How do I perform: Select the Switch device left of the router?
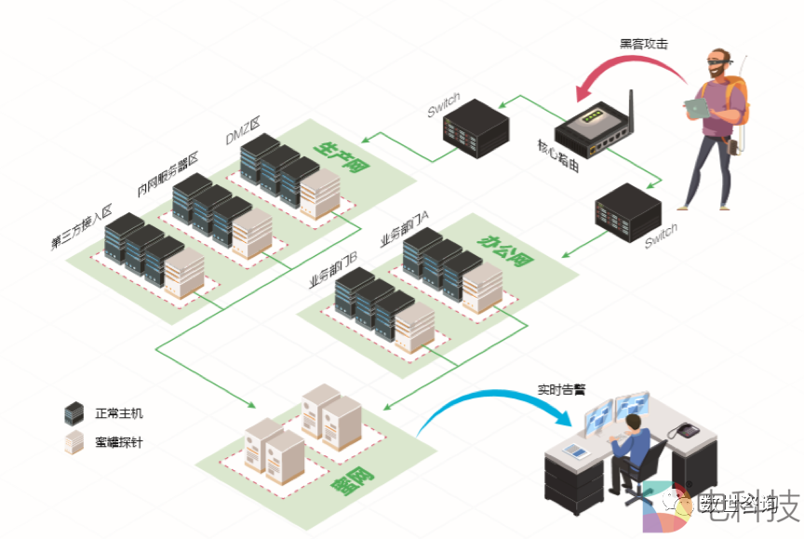tap(475, 124)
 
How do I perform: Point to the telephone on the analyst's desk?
tap(686, 430)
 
